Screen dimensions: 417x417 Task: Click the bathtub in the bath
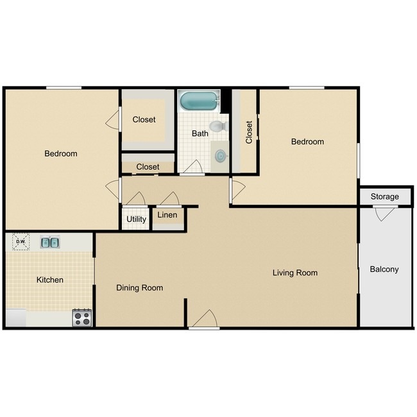click(x=199, y=101)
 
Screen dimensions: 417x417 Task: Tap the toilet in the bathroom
click(x=217, y=126)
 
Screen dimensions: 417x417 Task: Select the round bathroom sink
click(x=221, y=155)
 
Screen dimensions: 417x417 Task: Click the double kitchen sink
click(x=50, y=242)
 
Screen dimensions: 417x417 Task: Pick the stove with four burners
click(x=82, y=317)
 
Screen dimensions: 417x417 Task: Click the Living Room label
click(x=294, y=273)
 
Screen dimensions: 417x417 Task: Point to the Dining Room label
click(x=139, y=287)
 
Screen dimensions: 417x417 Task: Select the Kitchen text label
click(x=49, y=280)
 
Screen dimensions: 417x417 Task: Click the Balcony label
click(x=384, y=269)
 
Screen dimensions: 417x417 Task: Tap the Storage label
click(x=384, y=196)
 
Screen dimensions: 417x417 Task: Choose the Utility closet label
click(x=136, y=219)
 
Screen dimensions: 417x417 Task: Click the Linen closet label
click(x=167, y=215)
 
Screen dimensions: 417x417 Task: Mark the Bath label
click(x=200, y=133)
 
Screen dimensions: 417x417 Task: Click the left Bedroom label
click(x=60, y=153)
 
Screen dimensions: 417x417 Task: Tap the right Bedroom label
click(x=307, y=141)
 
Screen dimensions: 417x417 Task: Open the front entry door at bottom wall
click(x=205, y=319)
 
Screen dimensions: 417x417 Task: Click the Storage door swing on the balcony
click(x=383, y=214)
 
